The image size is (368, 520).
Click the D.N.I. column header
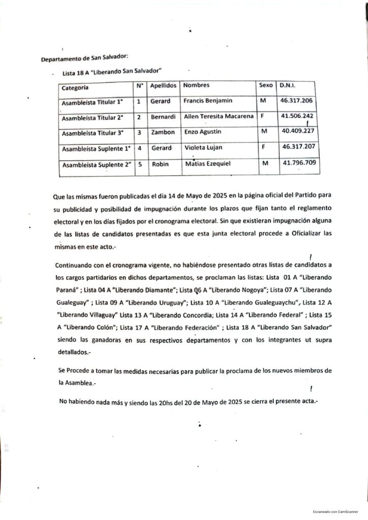pos(288,85)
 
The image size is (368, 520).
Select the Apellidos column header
pos(163,86)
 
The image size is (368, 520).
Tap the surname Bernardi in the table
pos(163,117)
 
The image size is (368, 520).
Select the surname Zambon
pos(163,133)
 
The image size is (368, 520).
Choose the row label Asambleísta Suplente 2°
pos(96,166)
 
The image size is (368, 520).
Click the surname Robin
pos(160,165)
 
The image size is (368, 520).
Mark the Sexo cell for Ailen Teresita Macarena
pos(262,117)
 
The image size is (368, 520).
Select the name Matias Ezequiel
pos(208,164)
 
